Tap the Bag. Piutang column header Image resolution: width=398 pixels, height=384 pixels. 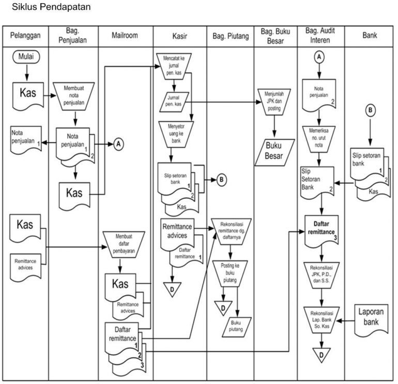pyautogui.click(x=230, y=36)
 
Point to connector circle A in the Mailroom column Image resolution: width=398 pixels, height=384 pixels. pyautogui.click(x=118, y=145)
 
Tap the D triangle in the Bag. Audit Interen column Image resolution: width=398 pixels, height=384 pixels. pyautogui.click(x=320, y=356)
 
